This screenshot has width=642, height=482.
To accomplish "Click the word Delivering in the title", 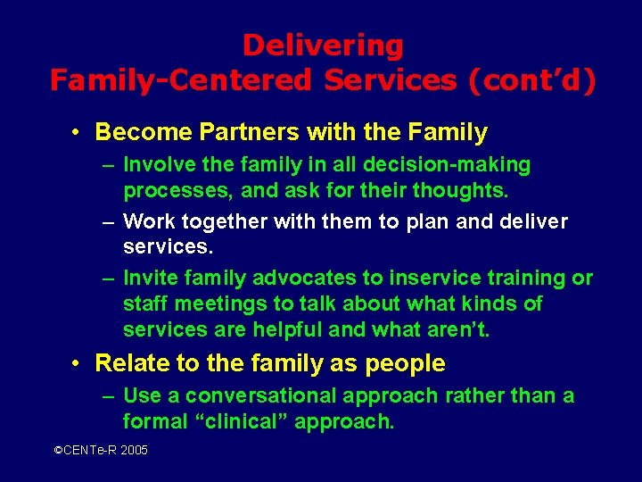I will pyautogui.click(x=323, y=46).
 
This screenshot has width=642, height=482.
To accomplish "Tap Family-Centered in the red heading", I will pyautogui.click(x=181, y=80).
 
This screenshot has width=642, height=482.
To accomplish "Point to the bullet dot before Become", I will pyautogui.click(x=78, y=133).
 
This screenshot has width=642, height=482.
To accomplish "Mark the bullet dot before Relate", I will pyautogui.click(x=78, y=363).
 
